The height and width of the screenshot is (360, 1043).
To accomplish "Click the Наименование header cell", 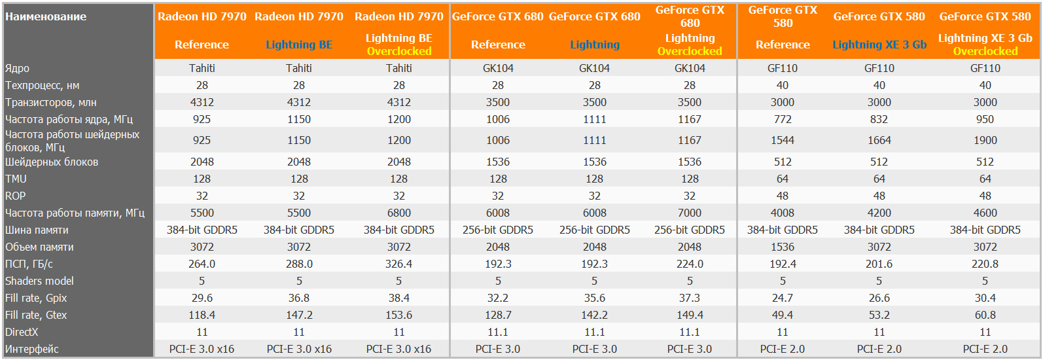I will (46, 16).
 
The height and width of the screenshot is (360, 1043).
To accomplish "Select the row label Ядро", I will (18, 68).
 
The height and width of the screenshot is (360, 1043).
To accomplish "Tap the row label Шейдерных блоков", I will (52, 162).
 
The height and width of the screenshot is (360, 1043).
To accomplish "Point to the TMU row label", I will (16, 179).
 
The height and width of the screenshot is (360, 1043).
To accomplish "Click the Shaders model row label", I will (39, 281).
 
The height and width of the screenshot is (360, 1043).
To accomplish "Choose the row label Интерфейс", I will (32, 349).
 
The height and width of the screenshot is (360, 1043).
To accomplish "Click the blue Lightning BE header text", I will (299, 45).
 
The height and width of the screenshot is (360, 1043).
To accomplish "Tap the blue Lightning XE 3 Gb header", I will (879, 45).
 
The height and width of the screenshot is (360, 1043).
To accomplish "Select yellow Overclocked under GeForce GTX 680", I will (690, 51).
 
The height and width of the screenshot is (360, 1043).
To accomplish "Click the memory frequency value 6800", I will (399, 213).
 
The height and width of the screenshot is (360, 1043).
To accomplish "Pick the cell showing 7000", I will (690, 213).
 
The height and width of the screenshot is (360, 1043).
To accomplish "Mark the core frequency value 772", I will (783, 119).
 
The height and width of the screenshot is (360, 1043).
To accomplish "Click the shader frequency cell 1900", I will (985, 140).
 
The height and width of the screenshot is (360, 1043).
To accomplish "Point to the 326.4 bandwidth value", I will (399, 264).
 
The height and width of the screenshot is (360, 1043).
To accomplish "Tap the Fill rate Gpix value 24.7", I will (783, 298).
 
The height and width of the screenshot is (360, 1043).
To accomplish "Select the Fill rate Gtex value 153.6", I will (399, 315).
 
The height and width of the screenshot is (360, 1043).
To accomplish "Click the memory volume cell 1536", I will (783, 247).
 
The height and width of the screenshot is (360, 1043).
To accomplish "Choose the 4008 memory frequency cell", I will (783, 213).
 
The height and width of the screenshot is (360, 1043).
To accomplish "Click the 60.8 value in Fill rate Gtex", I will (985, 315).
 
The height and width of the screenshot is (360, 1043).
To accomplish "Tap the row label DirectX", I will (22, 332).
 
